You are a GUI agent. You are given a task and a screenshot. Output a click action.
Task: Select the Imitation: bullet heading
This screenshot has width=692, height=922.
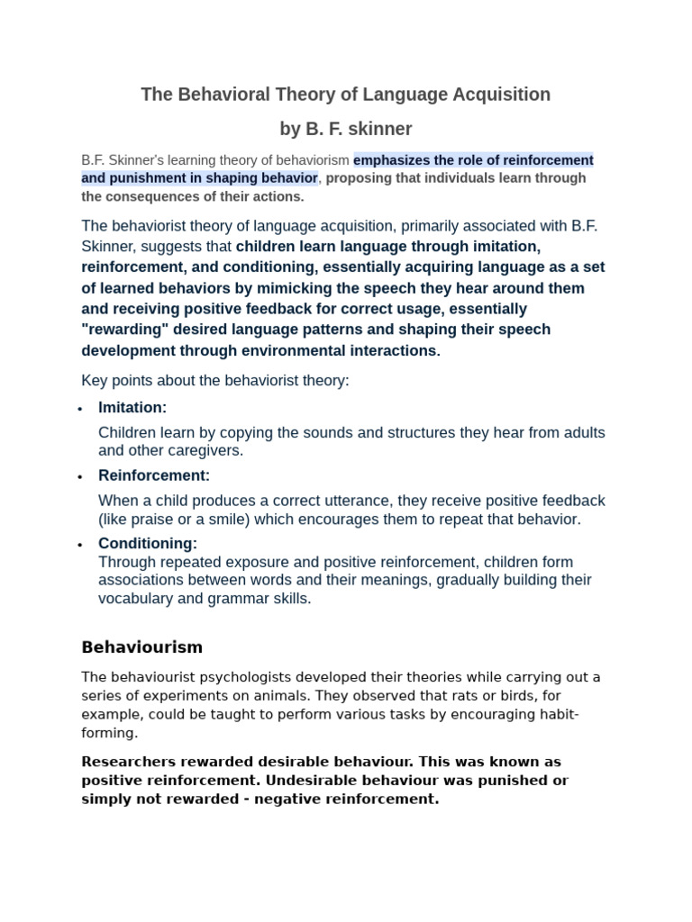tap(132, 408)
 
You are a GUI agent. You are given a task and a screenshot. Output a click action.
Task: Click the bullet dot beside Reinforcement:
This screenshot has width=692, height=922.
tap(80, 476)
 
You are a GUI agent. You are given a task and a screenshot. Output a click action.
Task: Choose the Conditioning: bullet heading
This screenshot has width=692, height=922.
tap(147, 544)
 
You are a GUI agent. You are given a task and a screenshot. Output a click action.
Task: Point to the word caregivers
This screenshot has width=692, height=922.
tap(210, 451)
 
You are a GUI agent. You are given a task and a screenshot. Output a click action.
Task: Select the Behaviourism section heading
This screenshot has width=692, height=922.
tap(141, 647)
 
